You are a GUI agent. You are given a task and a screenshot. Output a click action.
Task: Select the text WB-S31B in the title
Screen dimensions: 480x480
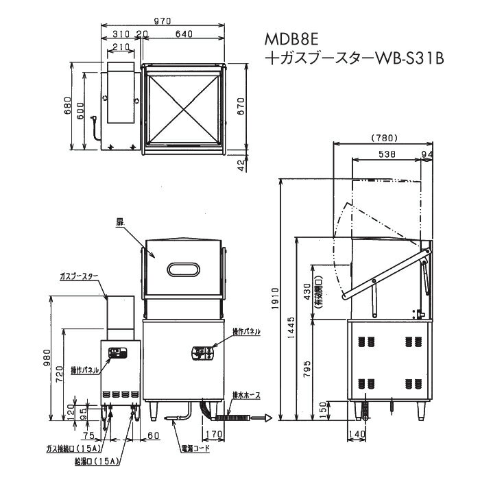click(x=409, y=59)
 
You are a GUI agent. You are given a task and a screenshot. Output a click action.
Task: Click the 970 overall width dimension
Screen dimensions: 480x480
click(x=163, y=21)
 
